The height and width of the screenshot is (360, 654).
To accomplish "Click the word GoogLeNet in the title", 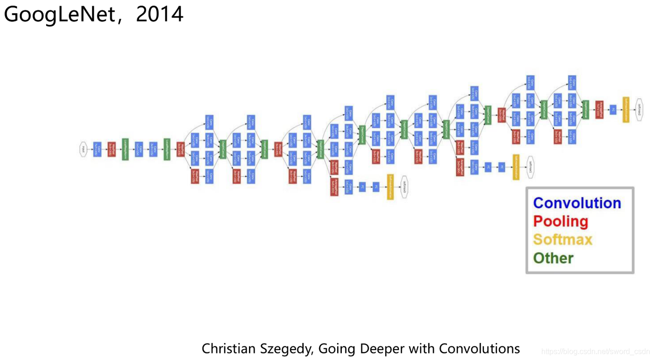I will click(59, 15).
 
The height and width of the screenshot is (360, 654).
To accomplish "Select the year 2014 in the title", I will click(159, 15).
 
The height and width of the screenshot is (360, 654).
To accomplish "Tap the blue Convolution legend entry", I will click(577, 203).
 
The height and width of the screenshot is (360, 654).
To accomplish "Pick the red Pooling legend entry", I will click(561, 221).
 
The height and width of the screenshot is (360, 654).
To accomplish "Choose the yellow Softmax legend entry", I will click(563, 239).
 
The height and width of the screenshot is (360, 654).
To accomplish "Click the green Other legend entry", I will click(553, 258).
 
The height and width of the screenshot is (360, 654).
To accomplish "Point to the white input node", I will click(83, 149).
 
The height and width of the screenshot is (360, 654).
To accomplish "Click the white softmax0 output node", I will click(404, 187).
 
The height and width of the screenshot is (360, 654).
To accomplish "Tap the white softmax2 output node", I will click(639, 109).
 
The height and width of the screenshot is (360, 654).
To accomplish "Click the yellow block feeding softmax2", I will click(626, 109).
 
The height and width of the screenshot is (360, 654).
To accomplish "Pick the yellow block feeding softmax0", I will click(390, 187).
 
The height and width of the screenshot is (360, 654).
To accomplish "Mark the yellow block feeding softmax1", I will click(516, 167).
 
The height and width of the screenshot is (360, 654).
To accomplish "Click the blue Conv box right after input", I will click(97, 149).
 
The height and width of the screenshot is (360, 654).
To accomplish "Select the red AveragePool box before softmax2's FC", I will click(599, 109).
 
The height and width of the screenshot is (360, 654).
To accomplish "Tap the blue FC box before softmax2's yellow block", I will click(613, 109).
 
